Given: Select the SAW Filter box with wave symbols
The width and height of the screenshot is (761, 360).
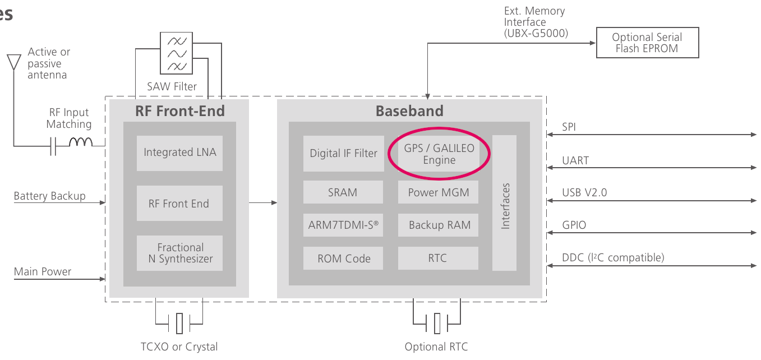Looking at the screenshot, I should (177, 53).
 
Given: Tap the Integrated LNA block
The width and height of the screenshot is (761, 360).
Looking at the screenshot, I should (179, 153).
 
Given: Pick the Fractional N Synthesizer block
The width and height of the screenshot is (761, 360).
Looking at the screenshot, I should (179, 253).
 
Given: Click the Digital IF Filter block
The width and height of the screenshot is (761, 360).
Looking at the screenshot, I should (343, 153).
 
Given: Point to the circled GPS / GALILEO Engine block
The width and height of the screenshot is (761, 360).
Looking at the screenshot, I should (439, 154).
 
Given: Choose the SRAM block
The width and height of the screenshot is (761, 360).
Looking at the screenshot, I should (343, 192).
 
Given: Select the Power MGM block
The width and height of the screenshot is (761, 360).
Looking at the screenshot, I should (438, 192).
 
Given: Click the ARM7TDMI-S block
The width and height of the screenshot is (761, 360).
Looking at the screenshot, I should (343, 225).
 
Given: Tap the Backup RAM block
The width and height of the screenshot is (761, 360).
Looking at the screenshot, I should (438, 225).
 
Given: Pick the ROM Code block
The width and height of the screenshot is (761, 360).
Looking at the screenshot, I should (343, 259).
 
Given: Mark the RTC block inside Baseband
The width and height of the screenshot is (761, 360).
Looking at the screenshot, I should (438, 259).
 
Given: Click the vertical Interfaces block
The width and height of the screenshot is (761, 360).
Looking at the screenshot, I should (505, 203).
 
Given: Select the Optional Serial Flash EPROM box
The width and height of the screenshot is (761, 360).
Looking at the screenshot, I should (647, 43).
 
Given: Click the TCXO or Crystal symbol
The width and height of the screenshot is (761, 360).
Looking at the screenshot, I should (179, 323).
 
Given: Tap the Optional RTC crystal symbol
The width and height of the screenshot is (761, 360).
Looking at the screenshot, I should (437, 324).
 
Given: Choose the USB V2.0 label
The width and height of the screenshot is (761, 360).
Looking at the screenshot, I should (584, 193).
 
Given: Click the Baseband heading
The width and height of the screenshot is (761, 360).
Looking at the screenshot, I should (409, 111).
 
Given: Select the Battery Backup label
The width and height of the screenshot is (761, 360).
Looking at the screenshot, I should (49, 196).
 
